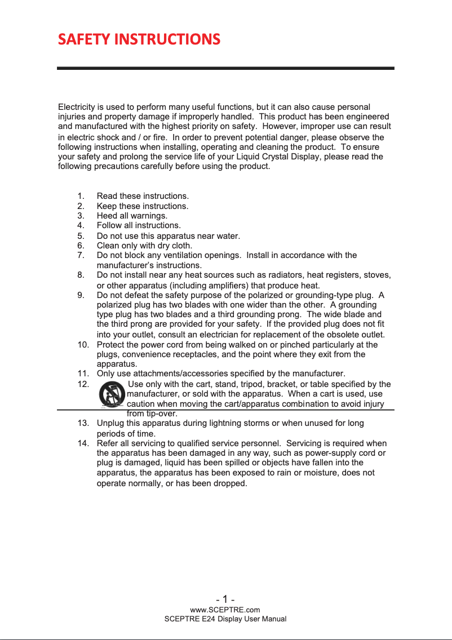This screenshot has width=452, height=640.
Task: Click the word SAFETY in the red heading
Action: click(84, 39)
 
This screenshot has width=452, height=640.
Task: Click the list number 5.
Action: click(81, 236)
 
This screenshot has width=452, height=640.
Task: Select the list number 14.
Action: click(82, 443)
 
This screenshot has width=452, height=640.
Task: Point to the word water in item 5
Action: click(227, 236)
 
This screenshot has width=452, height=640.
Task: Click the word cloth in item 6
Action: click(181, 246)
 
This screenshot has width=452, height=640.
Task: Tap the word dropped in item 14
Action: click(232, 483)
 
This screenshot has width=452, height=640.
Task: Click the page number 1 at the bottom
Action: click(225, 599)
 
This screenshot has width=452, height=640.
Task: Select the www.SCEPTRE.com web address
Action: click(225, 610)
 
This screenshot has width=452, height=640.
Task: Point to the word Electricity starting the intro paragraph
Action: click(77, 107)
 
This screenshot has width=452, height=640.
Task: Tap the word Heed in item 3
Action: click(105, 216)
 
